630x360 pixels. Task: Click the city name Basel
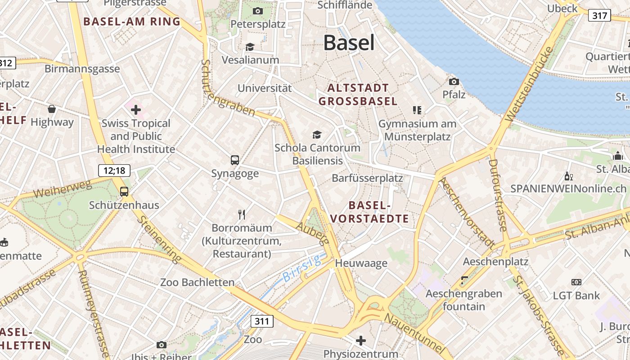pos(349,43)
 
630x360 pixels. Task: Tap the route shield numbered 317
pos(599,16)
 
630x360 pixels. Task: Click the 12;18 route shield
pos(114,171)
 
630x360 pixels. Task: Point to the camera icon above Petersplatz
pos(258,11)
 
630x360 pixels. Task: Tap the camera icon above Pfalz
pos(454,81)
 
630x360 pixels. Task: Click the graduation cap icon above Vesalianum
pos(250,47)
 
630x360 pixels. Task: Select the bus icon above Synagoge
pos(235,160)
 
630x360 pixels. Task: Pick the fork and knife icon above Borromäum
pos(242,214)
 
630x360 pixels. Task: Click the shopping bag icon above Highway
pos(52,109)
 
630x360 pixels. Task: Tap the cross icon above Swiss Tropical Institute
pos(136,109)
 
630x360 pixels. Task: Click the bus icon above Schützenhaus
pos(124,192)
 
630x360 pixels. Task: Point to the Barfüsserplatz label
pos(367,178)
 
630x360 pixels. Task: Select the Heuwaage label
pos(361,263)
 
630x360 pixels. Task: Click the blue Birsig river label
pos(302,268)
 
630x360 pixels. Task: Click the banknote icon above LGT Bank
pos(576,282)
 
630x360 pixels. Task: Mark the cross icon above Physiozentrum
pos(361,340)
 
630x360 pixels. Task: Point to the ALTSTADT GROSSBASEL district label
pos(358,94)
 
